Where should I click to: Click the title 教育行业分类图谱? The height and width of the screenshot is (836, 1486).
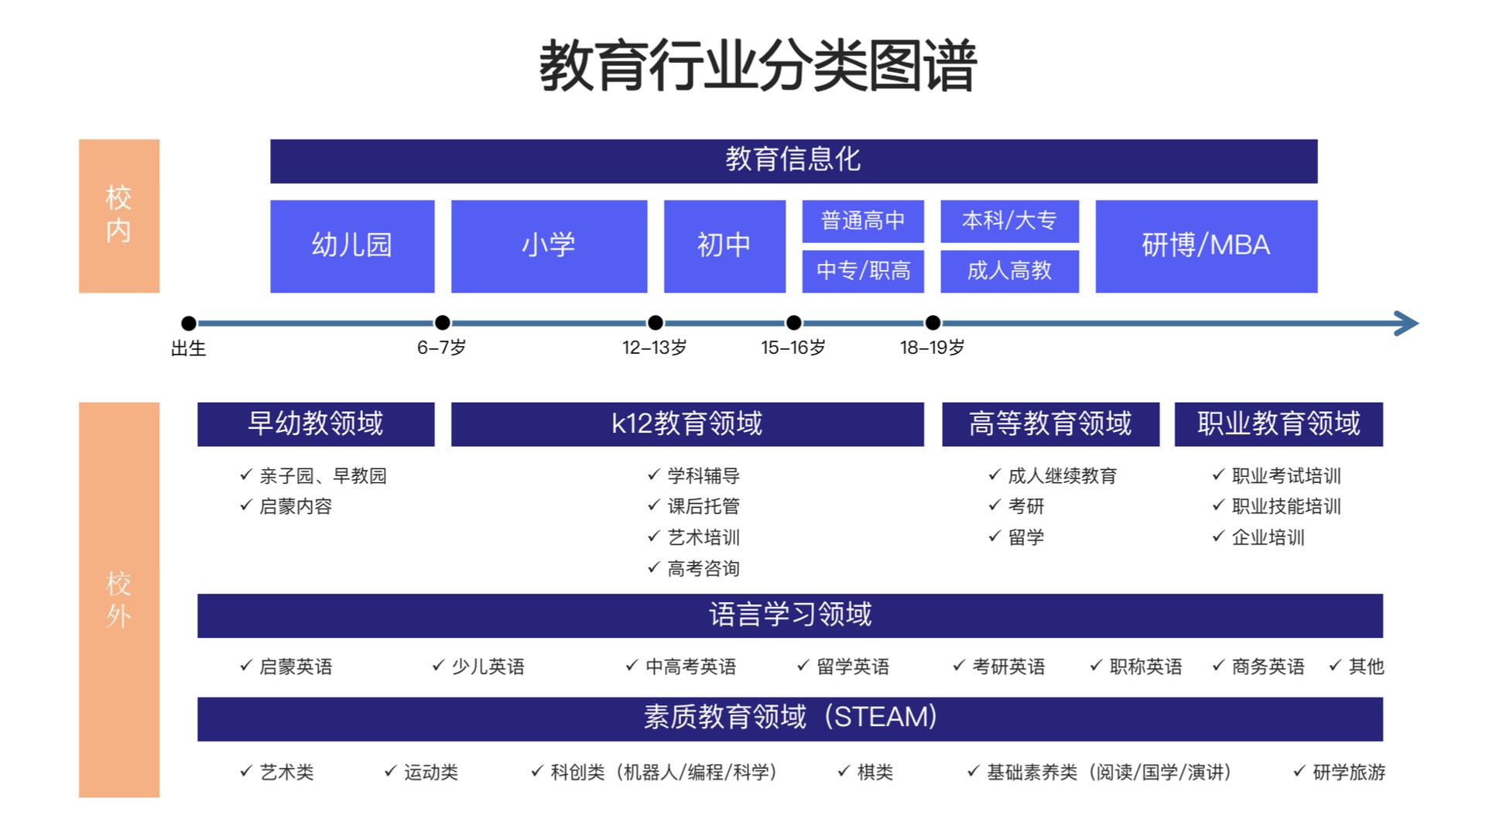[x=758, y=66]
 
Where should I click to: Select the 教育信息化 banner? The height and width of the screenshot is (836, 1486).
[x=793, y=161]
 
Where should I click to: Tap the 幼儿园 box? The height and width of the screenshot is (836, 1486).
[x=352, y=246]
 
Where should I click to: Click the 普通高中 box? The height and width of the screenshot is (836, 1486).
[x=863, y=221]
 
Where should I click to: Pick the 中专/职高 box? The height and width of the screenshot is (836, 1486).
[x=863, y=271]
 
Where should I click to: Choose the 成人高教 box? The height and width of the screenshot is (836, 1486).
[x=1009, y=271]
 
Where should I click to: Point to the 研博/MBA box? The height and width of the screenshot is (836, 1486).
[x=1206, y=246]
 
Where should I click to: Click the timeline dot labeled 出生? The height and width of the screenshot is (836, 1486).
[x=188, y=324]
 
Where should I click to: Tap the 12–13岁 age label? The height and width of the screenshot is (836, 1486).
[x=654, y=348]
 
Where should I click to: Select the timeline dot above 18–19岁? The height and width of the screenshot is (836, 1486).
[x=933, y=323]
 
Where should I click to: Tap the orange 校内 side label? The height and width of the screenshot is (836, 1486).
[x=119, y=215]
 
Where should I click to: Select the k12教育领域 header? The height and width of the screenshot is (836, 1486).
[x=687, y=424]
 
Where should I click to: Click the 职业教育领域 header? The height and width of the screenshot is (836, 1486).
[x=1279, y=424]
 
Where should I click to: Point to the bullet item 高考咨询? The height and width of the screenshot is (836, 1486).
[x=703, y=569]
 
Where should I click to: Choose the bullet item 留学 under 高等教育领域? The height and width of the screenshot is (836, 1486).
[x=1025, y=537]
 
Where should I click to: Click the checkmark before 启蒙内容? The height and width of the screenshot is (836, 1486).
[x=246, y=505]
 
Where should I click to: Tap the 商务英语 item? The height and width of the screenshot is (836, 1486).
[x=1268, y=666]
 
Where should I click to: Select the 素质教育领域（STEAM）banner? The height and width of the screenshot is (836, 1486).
[x=789, y=718]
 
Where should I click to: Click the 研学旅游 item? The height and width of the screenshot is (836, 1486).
[x=1348, y=773]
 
